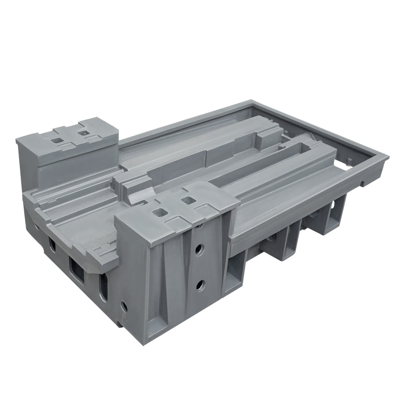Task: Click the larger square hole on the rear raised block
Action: [57, 140]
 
